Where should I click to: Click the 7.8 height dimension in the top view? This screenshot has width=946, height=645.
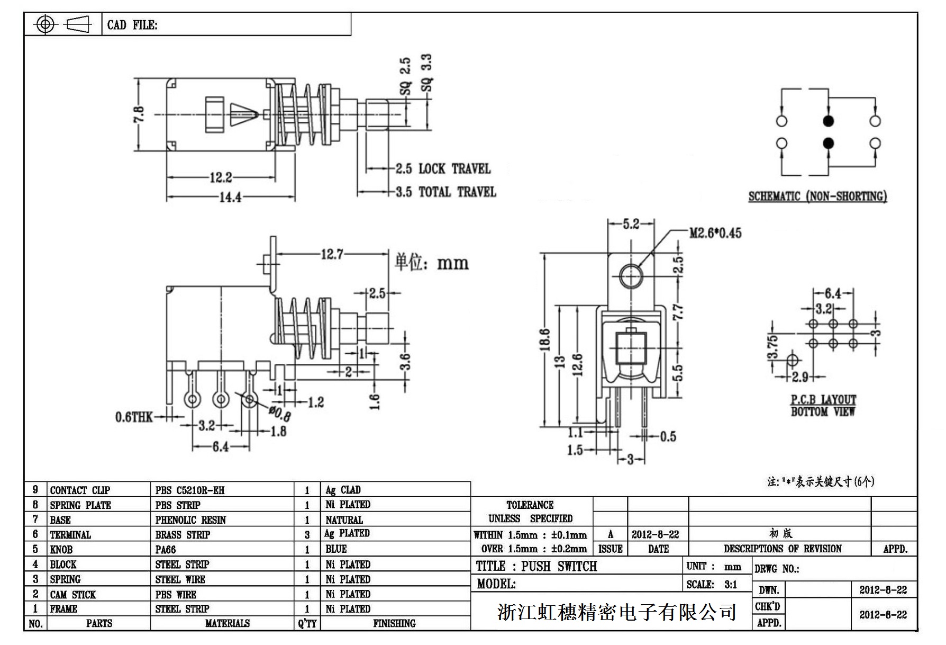pos(138,114)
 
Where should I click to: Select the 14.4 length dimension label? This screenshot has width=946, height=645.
pos(230,197)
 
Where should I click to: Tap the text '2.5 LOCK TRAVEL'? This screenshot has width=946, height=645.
pos(443,169)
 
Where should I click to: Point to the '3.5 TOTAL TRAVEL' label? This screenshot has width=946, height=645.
pos(446,192)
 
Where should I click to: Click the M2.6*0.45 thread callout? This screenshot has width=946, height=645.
pos(715,233)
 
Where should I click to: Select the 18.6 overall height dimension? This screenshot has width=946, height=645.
pos(546,339)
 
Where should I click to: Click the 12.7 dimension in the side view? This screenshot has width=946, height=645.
pos(332,255)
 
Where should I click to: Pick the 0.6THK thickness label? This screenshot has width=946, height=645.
pos(134,417)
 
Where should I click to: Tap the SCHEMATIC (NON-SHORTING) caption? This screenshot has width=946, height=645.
pos(817,196)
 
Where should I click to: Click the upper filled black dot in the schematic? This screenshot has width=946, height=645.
pos(829,121)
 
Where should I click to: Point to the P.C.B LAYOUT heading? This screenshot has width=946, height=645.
pos(823,400)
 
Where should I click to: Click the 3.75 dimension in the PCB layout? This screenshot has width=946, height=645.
pos(773,347)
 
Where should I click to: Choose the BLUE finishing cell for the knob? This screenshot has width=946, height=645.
pos(336,549)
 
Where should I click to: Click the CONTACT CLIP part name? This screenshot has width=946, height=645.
pos(80,490)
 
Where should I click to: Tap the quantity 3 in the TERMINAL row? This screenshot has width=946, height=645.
pos(307,535)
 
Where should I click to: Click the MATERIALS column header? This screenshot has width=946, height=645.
pos(227,624)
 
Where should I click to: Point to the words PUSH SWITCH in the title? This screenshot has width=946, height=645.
pos(559,566)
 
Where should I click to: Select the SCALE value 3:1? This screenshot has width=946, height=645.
pos(731,585)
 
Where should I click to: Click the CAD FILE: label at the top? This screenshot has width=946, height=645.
pos(132,25)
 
